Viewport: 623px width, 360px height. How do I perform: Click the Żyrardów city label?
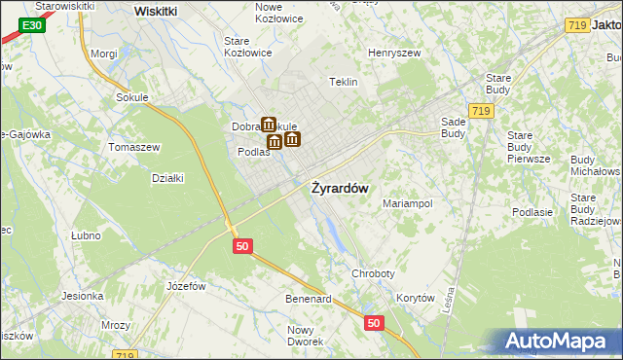(339, 188)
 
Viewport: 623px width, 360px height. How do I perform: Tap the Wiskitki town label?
(156, 10)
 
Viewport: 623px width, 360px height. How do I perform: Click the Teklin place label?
(345, 82)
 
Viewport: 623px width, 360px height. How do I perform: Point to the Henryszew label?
(393, 52)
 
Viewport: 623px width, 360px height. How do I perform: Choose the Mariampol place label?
(406, 204)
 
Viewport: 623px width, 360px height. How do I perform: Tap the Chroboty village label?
(374, 274)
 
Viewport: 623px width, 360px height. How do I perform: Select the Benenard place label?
(309, 299)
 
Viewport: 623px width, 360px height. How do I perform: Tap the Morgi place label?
(103, 54)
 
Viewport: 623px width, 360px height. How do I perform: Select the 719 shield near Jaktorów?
(576, 25)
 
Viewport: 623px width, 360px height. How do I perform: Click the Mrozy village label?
(117, 326)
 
